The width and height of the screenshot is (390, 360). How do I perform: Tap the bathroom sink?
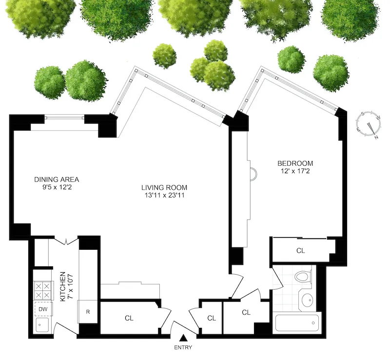tap(307, 300)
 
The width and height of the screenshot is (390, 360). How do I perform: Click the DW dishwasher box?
tap(43, 309)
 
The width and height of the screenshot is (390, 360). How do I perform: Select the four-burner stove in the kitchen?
tap(43, 291)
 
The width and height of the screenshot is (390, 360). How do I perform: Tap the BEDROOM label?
tap(295, 163)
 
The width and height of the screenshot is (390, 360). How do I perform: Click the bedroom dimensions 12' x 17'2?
tap(295, 171)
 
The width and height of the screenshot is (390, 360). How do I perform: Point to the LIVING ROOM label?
tap(164, 187)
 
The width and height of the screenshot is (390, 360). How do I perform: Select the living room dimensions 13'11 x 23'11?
tap(164, 195)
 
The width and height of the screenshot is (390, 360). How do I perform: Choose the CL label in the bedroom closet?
tap(300, 250)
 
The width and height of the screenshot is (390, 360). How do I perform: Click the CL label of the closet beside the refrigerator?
tap(129, 318)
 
